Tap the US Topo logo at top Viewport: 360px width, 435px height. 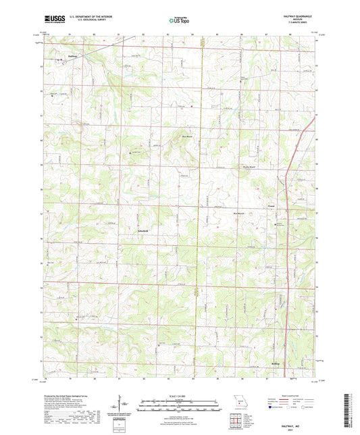[179, 21]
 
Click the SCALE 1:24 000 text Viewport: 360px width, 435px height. [180, 396]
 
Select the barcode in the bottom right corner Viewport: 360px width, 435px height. [348, 410]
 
